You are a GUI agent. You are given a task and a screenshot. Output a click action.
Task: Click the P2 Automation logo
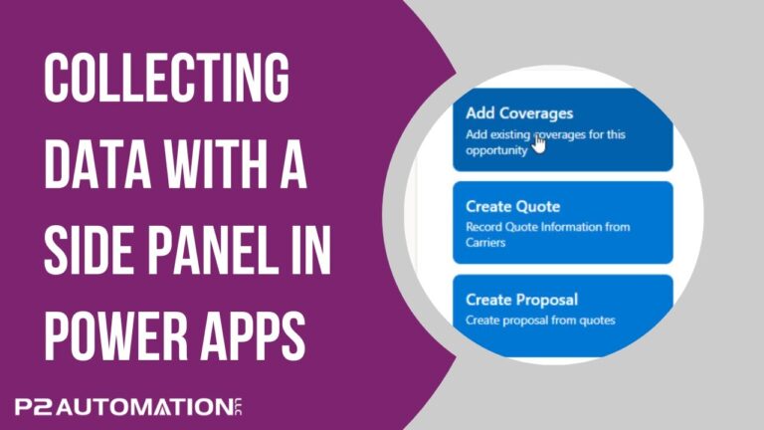(129, 406)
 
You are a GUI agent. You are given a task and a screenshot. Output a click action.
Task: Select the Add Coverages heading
(519, 113)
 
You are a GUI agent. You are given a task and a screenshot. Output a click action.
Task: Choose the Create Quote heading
(513, 207)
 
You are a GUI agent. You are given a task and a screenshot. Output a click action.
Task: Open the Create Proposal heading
(521, 300)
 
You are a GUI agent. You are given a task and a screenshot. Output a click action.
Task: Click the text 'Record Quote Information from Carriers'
(547, 233)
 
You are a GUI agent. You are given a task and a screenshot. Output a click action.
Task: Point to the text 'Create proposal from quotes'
(541, 320)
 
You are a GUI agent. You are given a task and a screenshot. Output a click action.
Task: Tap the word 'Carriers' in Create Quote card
(487, 241)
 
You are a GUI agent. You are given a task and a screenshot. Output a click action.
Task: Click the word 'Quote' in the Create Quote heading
(539, 207)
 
